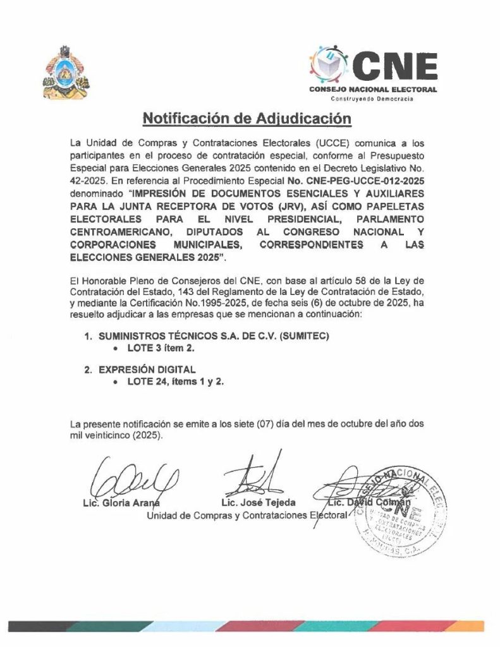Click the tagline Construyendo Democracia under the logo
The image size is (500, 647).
[x=373, y=100]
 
